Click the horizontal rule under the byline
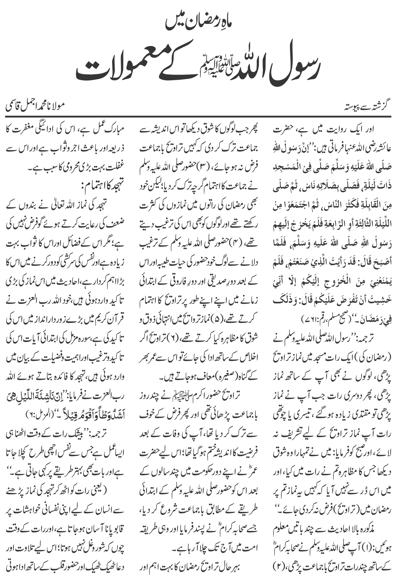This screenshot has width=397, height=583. pyautogui.click(x=198, y=116)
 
